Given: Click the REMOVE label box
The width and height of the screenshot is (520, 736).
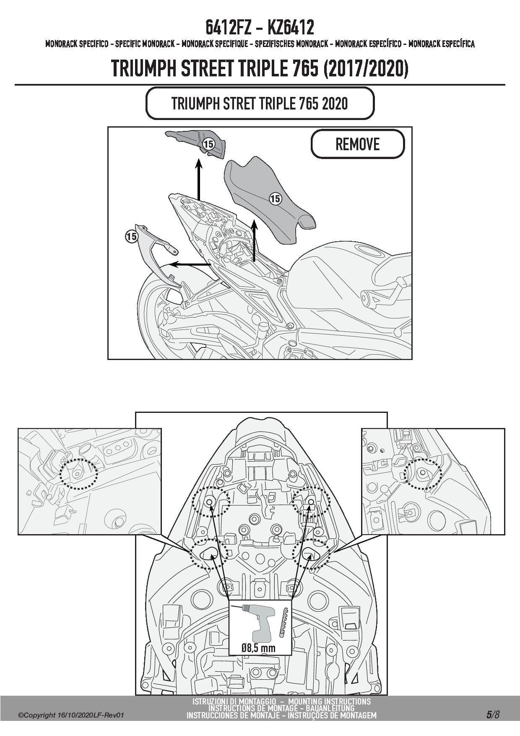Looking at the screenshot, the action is pyautogui.click(x=357, y=144).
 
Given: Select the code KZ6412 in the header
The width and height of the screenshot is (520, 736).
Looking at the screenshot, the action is pyautogui.click(x=290, y=28).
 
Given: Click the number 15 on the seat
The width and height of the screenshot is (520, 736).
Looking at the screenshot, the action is pyautogui.click(x=275, y=198).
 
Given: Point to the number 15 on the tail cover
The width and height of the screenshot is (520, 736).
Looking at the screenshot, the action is pyautogui.click(x=208, y=144).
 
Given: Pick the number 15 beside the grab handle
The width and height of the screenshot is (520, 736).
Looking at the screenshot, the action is pyautogui.click(x=131, y=237).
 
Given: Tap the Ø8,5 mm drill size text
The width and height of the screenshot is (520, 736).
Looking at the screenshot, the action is pyautogui.click(x=258, y=647).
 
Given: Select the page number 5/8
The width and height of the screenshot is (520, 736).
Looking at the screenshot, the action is pyautogui.click(x=493, y=715).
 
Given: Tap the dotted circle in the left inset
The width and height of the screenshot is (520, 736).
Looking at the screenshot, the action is pyautogui.click(x=78, y=474).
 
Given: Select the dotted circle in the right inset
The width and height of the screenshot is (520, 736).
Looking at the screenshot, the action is pyautogui.click(x=423, y=474).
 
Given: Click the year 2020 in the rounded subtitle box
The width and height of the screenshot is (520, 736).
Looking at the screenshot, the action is pyautogui.click(x=335, y=103).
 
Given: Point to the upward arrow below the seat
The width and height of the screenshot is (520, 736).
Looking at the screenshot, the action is pyautogui.click(x=254, y=240).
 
